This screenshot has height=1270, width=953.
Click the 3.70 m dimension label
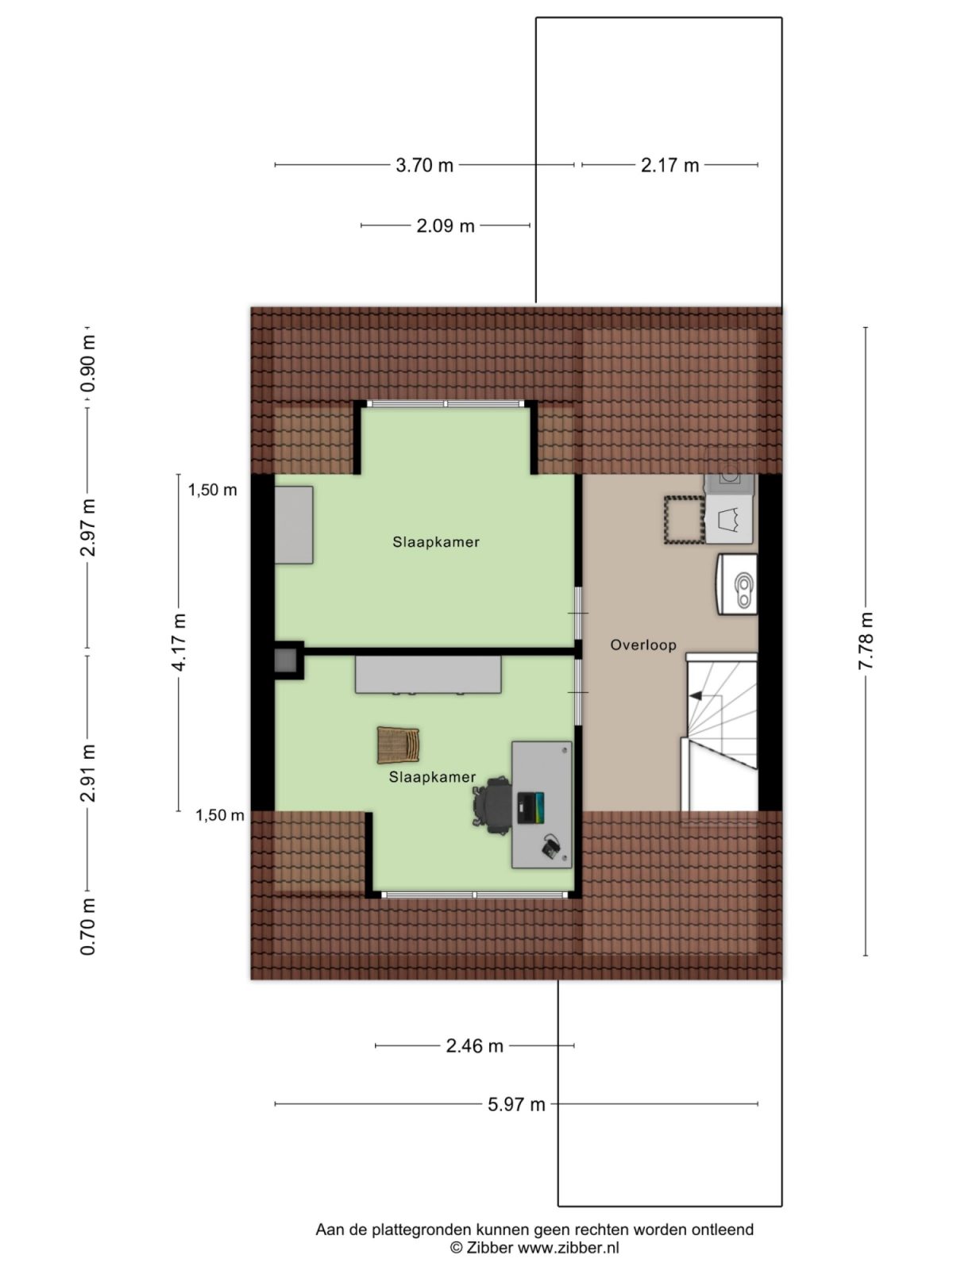click(x=424, y=165)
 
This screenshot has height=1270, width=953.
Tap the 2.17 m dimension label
click(x=669, y=165)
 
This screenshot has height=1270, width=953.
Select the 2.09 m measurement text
click(x=445, y=225)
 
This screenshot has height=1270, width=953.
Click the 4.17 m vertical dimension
click(x=180, y=642)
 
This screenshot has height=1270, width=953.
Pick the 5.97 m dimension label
click(x=516, y=1104)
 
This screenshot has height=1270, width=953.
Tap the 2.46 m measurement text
click(x=474, y=1046)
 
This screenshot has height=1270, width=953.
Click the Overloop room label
click(x=642, y=645)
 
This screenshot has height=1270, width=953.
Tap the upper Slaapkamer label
click(x=435, y=542)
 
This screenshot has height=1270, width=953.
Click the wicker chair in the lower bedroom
click(x=399, y=745)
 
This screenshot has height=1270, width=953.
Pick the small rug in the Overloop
click(x=683, y=520)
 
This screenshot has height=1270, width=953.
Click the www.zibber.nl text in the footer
click(x=569, y=1248)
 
